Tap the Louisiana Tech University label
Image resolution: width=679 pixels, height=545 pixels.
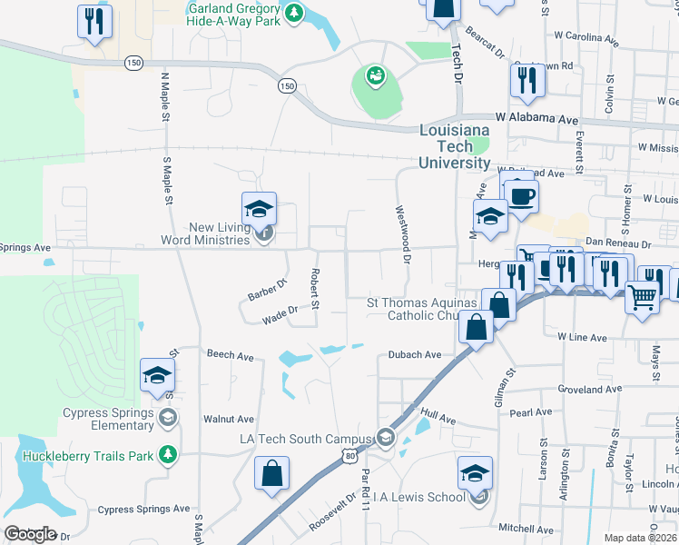[455, 147]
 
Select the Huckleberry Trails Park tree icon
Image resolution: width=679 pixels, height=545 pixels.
[166, 455]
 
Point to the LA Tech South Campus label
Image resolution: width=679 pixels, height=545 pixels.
[305, 440]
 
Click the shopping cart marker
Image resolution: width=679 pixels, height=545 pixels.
[642, 294]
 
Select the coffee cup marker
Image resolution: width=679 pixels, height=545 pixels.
[521, 196]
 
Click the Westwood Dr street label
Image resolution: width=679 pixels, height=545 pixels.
[403, 234]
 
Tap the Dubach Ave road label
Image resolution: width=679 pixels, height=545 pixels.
[414, 355]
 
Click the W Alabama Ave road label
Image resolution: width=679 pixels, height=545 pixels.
[536, 119]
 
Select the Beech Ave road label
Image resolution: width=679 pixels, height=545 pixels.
[230, 354]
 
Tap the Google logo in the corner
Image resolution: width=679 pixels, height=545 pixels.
[30, 534]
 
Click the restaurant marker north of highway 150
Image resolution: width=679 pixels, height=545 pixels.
[94, 22]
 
